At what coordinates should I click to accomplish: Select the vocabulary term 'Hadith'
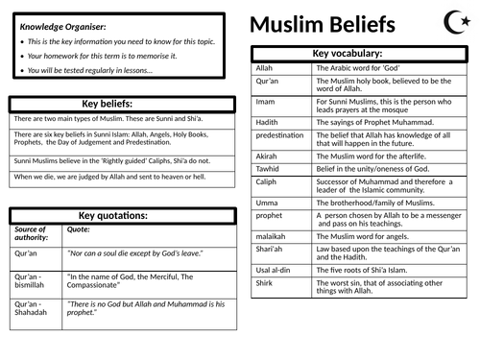pos(268,123)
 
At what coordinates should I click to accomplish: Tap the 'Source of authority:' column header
pos(34,234)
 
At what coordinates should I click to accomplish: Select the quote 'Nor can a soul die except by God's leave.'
pos(134,253)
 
